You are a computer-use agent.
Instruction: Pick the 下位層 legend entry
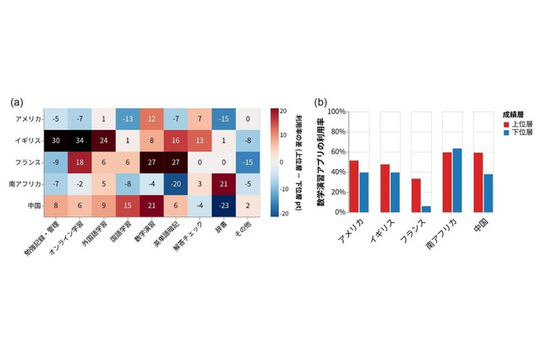[x=515, y=133]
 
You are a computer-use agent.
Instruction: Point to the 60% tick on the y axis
[x=336, y=152]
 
